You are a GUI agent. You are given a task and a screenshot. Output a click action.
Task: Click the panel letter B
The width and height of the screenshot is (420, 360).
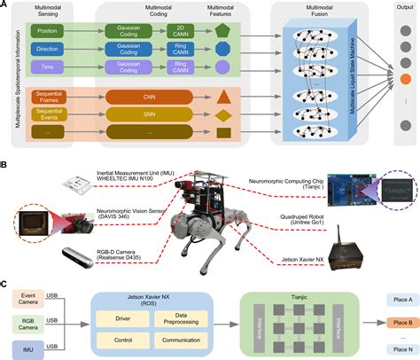click(6, 164)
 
